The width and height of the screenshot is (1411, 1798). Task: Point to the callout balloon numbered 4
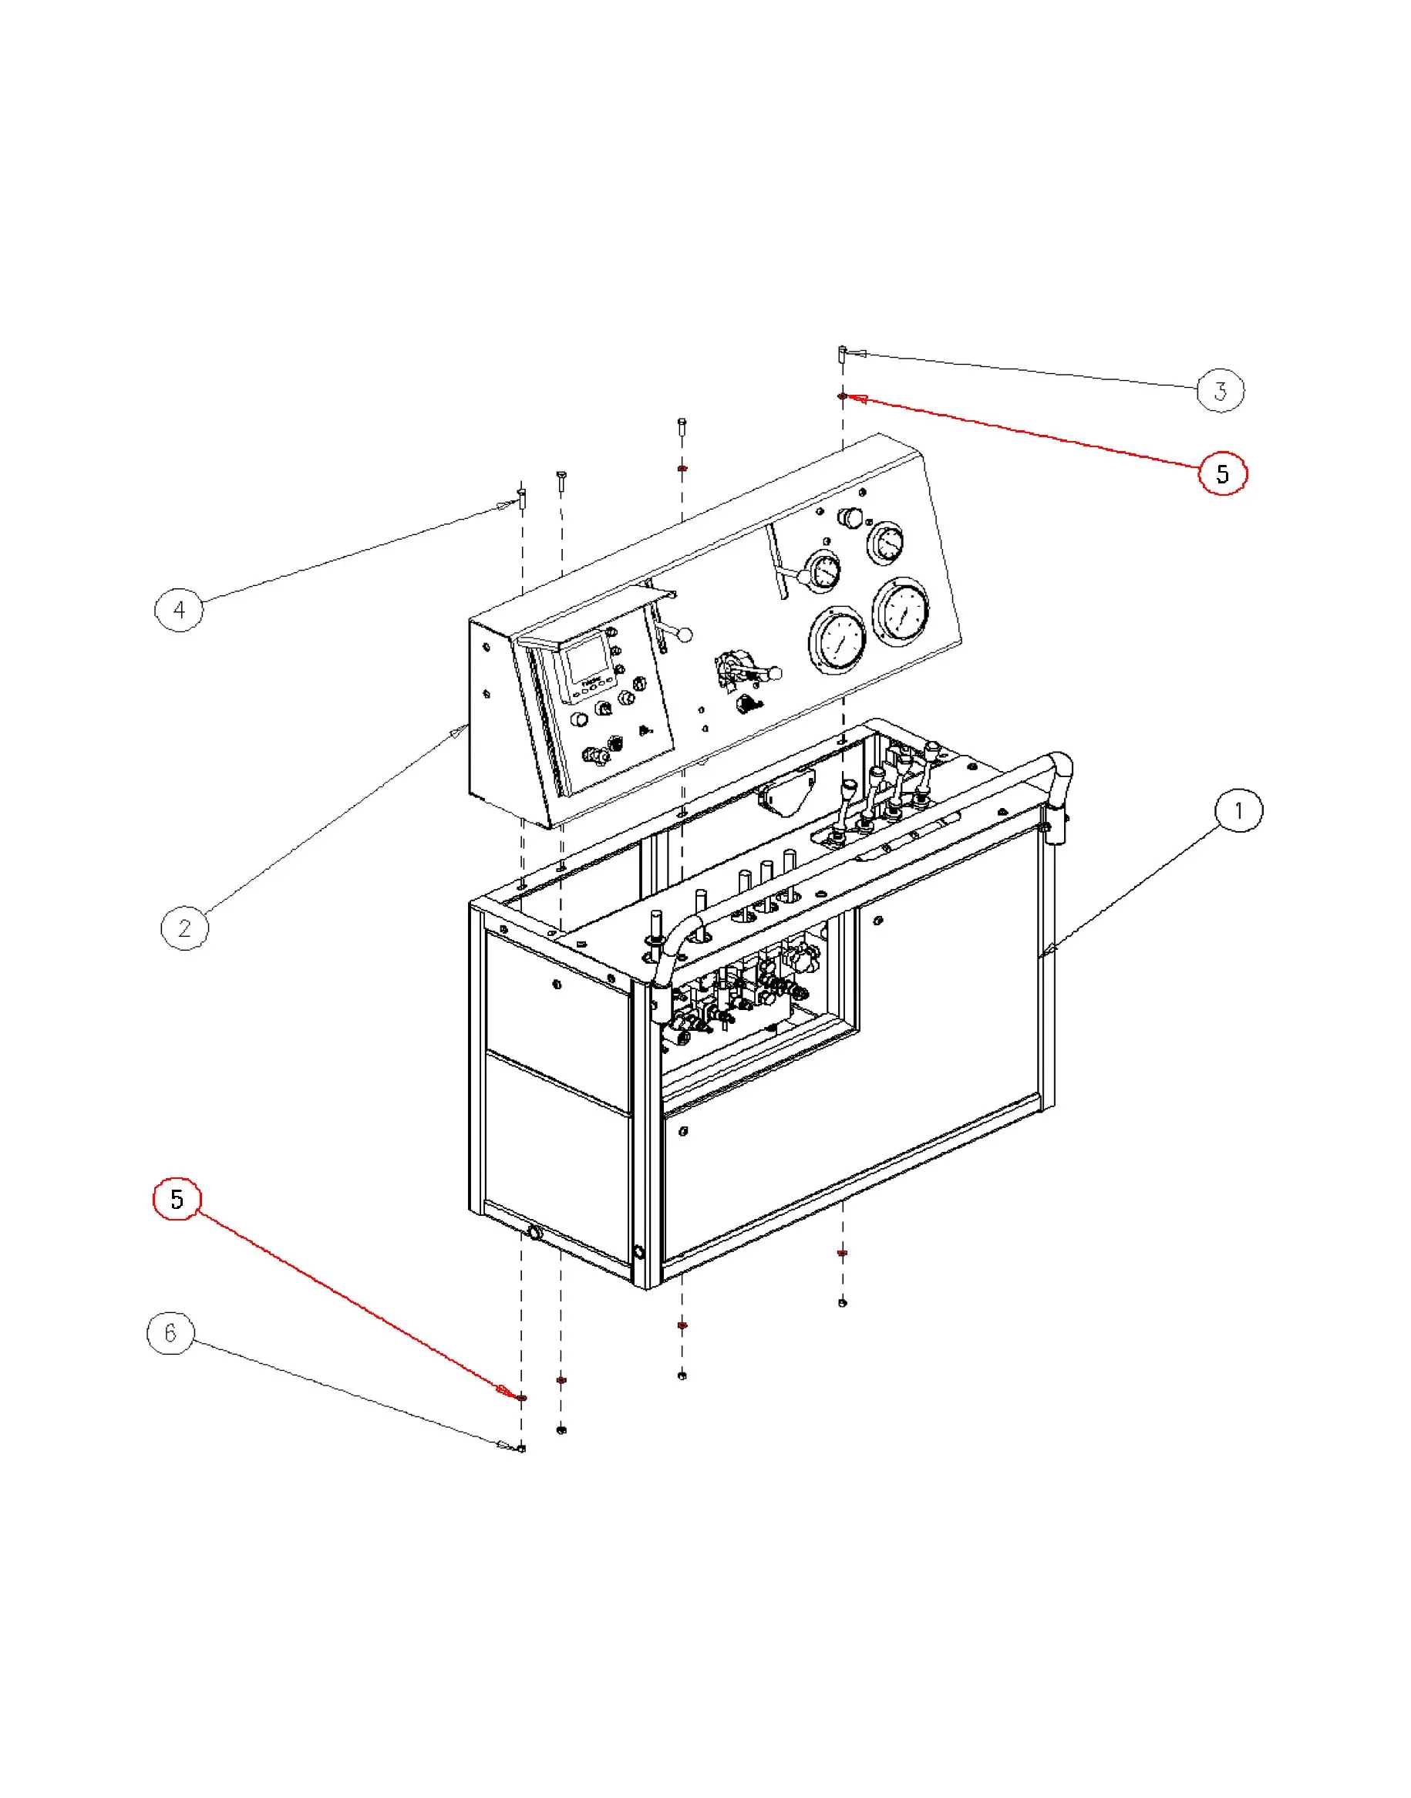click(x=179, y=610)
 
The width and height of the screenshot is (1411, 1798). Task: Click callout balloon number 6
click(x=170, y=1332)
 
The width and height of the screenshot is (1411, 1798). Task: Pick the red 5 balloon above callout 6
click(x=177, y=1198)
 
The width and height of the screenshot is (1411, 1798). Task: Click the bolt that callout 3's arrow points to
click(x=842, y=356)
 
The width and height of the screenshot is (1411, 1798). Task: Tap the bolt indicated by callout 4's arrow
click(x=521, y=499)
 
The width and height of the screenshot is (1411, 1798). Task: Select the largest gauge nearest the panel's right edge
click(x=902, y=610)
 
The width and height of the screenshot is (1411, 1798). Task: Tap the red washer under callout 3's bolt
click(x=842, y=396)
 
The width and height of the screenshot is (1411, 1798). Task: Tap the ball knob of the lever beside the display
click(x=685, y=635)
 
